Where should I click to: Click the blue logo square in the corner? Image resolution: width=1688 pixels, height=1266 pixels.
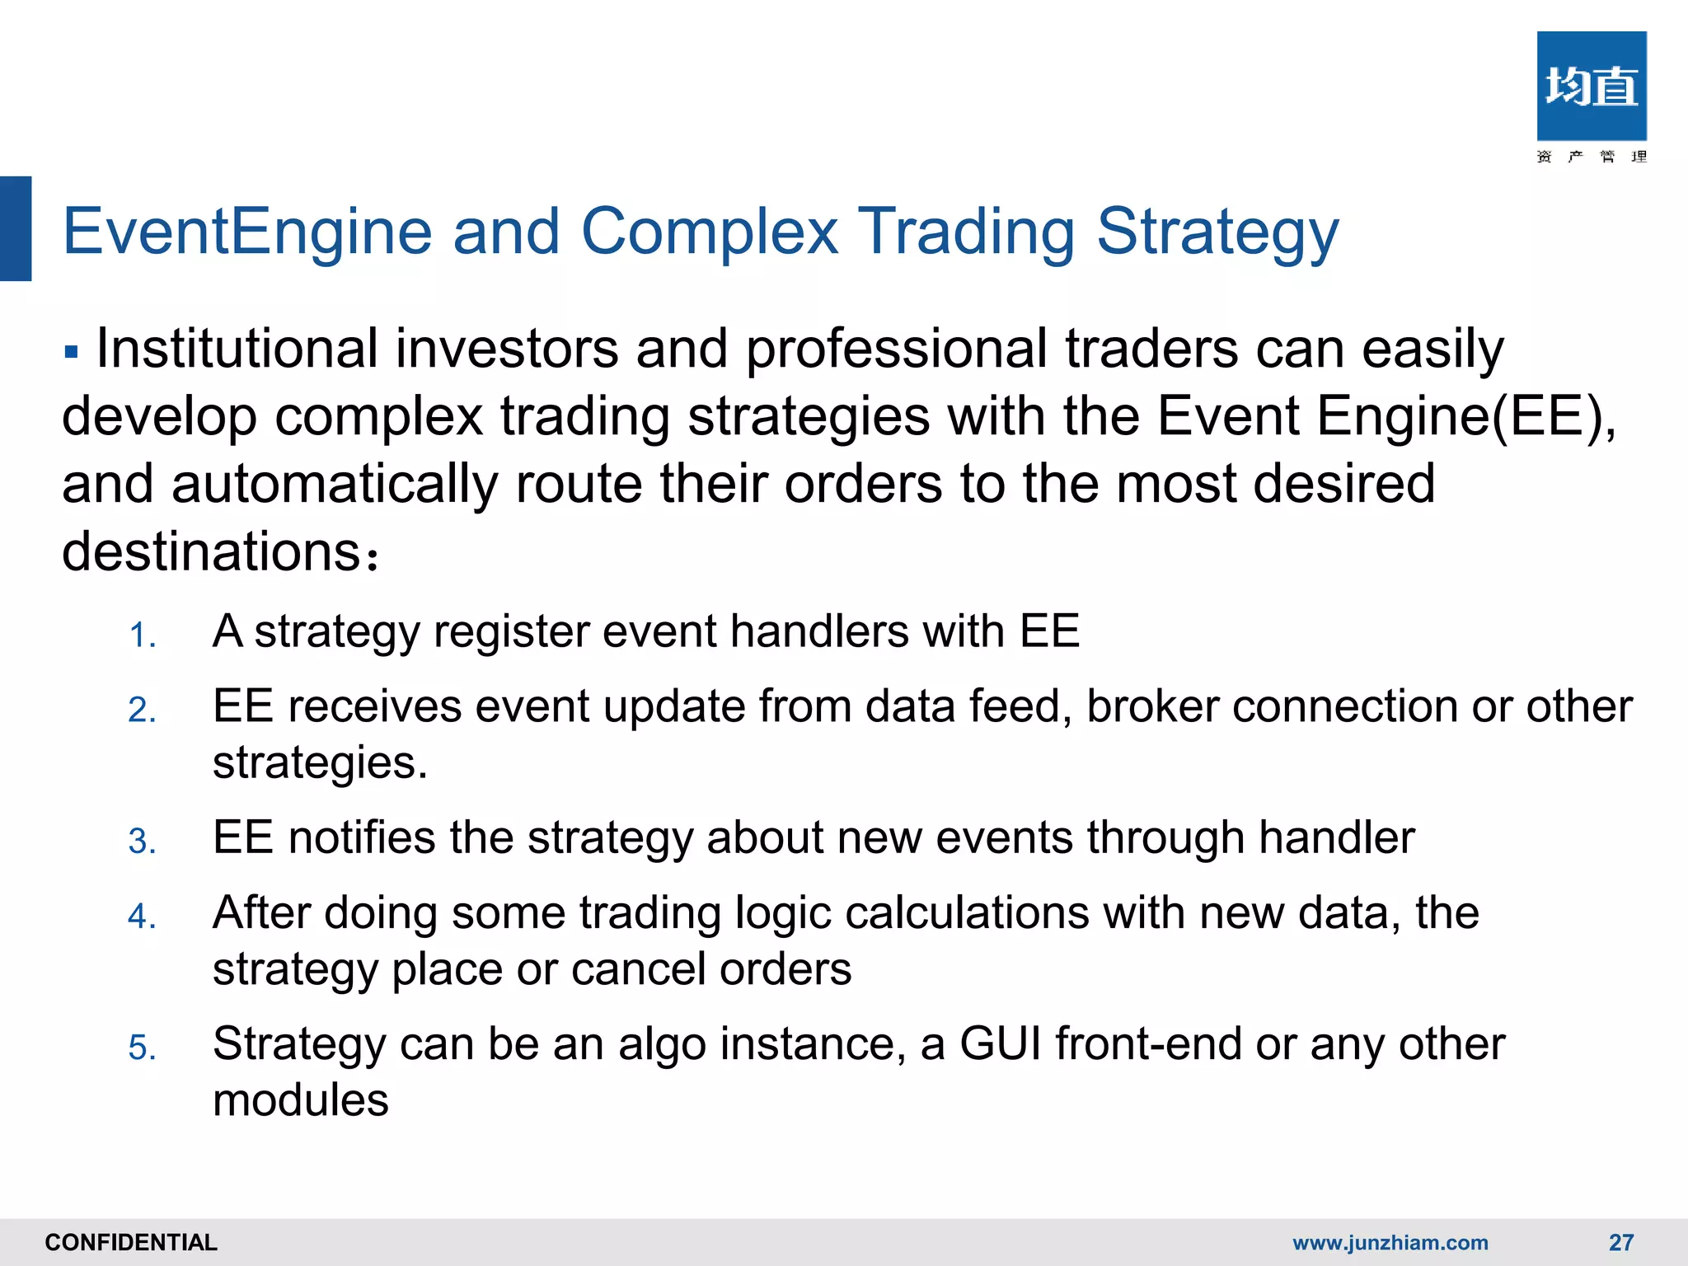tap(1591, 87)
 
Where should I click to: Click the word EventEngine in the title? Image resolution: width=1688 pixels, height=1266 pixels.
tap(247, 232)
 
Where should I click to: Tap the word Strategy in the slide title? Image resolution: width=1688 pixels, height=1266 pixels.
tap(1217, 232)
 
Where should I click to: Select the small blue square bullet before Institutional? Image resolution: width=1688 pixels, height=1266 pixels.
tap(71, 353)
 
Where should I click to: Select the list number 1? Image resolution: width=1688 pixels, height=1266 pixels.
tap(142, 635)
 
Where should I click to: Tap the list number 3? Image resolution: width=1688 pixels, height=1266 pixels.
tap(142, 842)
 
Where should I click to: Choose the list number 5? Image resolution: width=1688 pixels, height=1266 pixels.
tap(142, 1048)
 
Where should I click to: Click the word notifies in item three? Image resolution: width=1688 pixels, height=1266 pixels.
tap(361, 838)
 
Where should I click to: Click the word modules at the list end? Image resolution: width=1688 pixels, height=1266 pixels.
tap(300, 1100)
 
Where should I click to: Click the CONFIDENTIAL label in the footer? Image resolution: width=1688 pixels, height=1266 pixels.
tap(131, 1242)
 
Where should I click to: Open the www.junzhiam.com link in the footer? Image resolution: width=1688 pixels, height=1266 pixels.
tap(1390, 1242)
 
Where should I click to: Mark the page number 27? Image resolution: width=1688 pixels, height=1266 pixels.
tap(1620, 1242)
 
